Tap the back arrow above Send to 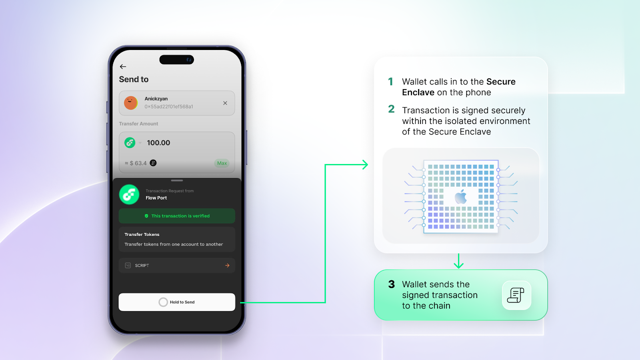(x=123, y=66)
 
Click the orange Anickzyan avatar (x=130, y=103)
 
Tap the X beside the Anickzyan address (x=225, y=103)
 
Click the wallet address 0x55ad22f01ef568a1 (x=168, y=106)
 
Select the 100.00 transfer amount (x=158, y=142)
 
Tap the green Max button (x=222, y=163)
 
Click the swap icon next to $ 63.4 (x=153, y=163)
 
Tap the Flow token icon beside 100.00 (x=130, y=142)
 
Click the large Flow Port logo (x=129, y=194)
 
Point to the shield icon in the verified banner (x=146, y=216)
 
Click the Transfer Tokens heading (x=142, y=234)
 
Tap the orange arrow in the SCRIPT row (x=228, y=266)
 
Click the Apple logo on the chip (x=460, y=196)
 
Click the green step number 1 (x=390, y=82)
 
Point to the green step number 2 (x=391, y=109)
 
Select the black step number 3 (x=392, y=284)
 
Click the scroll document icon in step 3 (x=516, y=295)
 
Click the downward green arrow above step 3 (x=458, y=261)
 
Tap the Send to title (x=134, y=80)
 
